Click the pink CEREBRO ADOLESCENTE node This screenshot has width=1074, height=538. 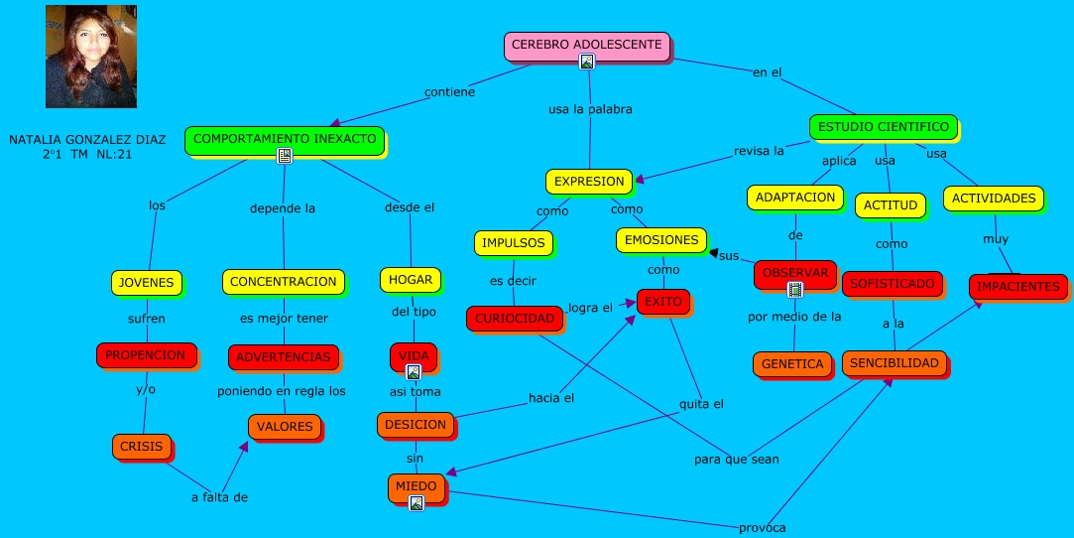coord(587,45)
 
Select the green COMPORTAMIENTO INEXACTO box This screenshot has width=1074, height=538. coord(285,139)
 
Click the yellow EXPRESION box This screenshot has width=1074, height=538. coord(589,182)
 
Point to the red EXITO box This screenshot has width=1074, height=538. coord(662,301)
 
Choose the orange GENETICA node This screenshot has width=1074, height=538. coord(792,364)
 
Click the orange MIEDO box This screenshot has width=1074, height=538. coord(416,486)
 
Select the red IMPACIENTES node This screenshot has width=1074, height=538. coord(1017,287)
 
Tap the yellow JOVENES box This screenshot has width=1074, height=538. coord(147,283)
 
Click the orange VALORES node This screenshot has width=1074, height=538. coord(285,427)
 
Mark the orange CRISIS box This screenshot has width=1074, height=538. coord(142,447)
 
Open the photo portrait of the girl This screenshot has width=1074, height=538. coord(91,56)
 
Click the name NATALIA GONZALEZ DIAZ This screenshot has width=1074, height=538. coord(87,141)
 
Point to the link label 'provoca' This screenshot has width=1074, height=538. coord(762,528)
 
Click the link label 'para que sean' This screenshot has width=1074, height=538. coord(736,460)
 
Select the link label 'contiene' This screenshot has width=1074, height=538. coord(449,92)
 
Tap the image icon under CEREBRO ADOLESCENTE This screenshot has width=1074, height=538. coord(587,62)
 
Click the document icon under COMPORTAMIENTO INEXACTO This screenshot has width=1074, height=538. coord(285,156)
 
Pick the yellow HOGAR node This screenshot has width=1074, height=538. coord(410,280)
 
